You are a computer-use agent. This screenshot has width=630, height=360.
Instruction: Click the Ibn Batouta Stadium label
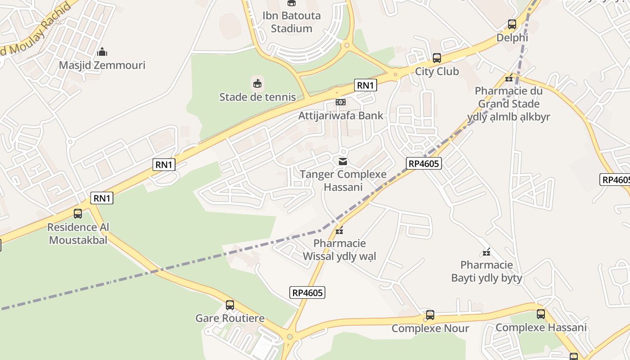pyautogui.click(x=292, y=22)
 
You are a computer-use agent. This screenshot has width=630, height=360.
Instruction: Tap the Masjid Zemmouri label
pyautogui.click(x=102, y=65)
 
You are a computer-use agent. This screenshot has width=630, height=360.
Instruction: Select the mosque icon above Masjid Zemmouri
pyautogui.click(x=102, y=51)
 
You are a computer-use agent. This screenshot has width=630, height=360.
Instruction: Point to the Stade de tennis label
pyautogui.click(x=257, y=97)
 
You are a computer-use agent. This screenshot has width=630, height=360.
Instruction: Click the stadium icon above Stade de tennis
pyautogui.click(x=257, y=83)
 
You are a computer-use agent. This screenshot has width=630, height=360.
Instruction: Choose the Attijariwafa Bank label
pyautogui.click(x=341, y=116)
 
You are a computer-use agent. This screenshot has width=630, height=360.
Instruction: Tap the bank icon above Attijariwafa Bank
pyautogui.click(x=341, y=102)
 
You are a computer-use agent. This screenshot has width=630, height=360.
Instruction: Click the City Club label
pyautogui.click(x=436, y=71)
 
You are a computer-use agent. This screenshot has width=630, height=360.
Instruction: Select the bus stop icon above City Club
pyautogui.click(x=436, y=58)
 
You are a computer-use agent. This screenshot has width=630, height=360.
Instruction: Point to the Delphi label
pyautogui.click(x=512, y=38)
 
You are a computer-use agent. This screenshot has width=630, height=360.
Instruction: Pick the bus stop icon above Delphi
pyautogui.click(x=512, y=24)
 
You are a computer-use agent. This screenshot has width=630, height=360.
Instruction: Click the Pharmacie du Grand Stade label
pyautogui.click(x=508, y=104)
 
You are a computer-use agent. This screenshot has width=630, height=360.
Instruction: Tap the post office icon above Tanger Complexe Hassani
pyautogui.click(x=343, y=161)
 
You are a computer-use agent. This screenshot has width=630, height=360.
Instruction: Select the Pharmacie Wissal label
pyautogui.click(x=339, y=250)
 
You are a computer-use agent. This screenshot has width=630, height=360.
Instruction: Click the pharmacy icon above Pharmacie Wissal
pyautogui.click(x=339, y=230)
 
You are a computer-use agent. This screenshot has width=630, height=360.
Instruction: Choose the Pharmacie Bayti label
pyautogui.click(x=486, y=271)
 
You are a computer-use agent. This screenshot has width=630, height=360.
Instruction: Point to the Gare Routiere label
pyautogui.click(x=229, y=319)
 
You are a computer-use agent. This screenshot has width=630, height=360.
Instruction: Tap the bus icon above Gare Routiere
pyautogui.click(x=229, y=305)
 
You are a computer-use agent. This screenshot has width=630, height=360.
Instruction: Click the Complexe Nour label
pyautogui.click(x=430, y=328)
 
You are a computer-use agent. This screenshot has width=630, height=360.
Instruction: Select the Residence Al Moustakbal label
pyautogui.click(x=78, y=234)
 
